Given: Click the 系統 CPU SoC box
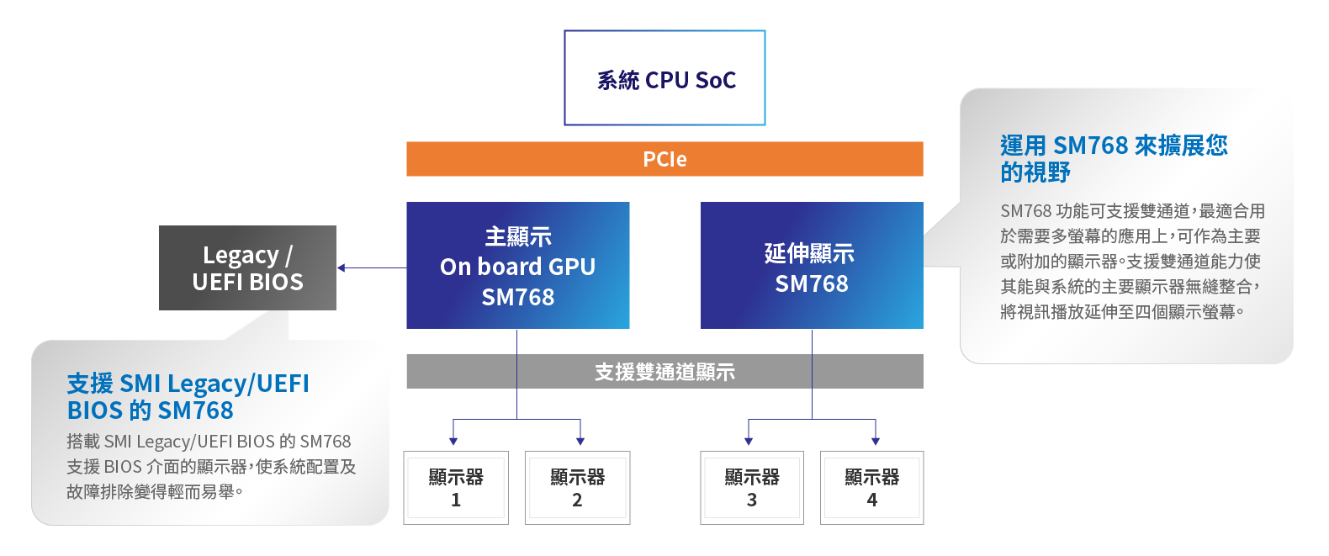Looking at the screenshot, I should click(x=664, y=78).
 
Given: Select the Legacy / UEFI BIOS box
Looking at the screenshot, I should click(x=247, y=267).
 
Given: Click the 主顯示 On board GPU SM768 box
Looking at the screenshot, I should click(x=517, y=265).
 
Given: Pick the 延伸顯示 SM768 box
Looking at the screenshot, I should click(x=812, y=265).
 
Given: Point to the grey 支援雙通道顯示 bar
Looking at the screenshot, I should click(x=664, y=372).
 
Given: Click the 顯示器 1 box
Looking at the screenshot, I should click(x=456, y=488).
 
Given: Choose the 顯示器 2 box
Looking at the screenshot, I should click(x=577, y=488).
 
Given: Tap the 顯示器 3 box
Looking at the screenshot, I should click(x=752, y=488).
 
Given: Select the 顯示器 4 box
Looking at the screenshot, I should click(x=871, y=488).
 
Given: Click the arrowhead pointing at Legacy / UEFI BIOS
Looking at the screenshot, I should click(x=342, y=268).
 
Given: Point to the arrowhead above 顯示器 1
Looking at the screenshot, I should click(x=453, y=440).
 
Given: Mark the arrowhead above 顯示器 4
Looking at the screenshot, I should click(x=876, y=440).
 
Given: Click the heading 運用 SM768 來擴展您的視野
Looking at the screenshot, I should click(x=1113, y=158).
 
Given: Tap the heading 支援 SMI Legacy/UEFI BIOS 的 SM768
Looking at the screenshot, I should click(x=188, y=396).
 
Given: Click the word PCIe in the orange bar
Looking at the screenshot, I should click(x=664, y=159).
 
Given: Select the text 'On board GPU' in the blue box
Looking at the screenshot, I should click(x=517, y=267).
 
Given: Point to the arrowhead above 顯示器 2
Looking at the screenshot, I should click(x=580, y=440).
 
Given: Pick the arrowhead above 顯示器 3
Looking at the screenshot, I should click(x=749, y=440).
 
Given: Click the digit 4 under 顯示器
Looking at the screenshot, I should click(x=872, y=500).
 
